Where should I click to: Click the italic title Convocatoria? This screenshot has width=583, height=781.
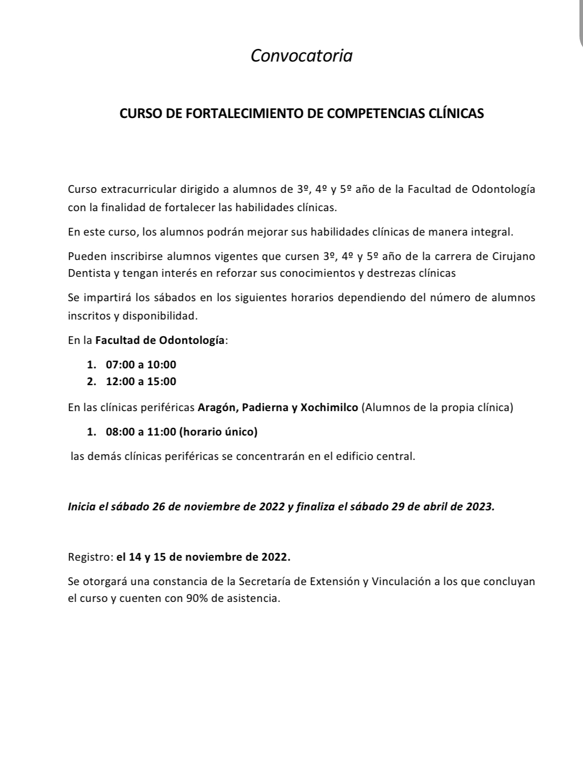[301, 55]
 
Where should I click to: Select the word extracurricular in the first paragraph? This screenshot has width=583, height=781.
[138, 189]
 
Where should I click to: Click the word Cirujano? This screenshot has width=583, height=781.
[513, 256]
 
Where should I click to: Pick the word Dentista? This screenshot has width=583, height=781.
[89, 273]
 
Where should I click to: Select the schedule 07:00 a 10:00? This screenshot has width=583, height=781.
[141, 364]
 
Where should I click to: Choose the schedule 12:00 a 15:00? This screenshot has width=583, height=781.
[141, 382]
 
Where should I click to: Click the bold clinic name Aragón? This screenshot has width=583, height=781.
[218, 408]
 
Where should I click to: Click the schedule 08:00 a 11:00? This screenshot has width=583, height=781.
[141, 432]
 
